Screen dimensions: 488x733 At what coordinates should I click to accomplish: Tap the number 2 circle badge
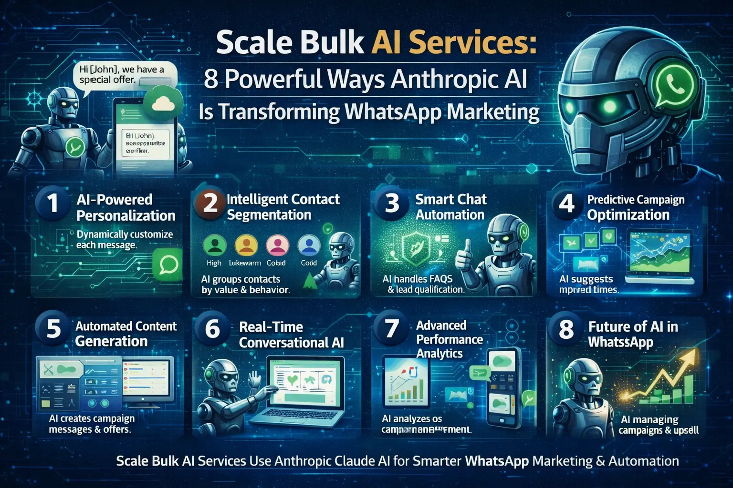tap(210, 203)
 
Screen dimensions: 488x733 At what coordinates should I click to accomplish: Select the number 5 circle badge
tap(53, 328)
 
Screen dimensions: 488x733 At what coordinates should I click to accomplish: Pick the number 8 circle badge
tap(566, 329)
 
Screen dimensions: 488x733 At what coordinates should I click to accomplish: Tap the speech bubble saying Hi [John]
tap(125, 75)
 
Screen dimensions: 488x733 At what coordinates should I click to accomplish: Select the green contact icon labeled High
tap(214, 245)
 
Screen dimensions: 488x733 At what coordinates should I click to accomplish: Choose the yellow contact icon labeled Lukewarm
tap(246, 245)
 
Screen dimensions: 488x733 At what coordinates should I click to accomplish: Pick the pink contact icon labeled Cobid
tap(277, 245)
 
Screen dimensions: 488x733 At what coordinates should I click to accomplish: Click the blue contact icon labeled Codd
tap(309, 245)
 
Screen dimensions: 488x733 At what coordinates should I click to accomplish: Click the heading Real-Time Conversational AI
tap(291, 335)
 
